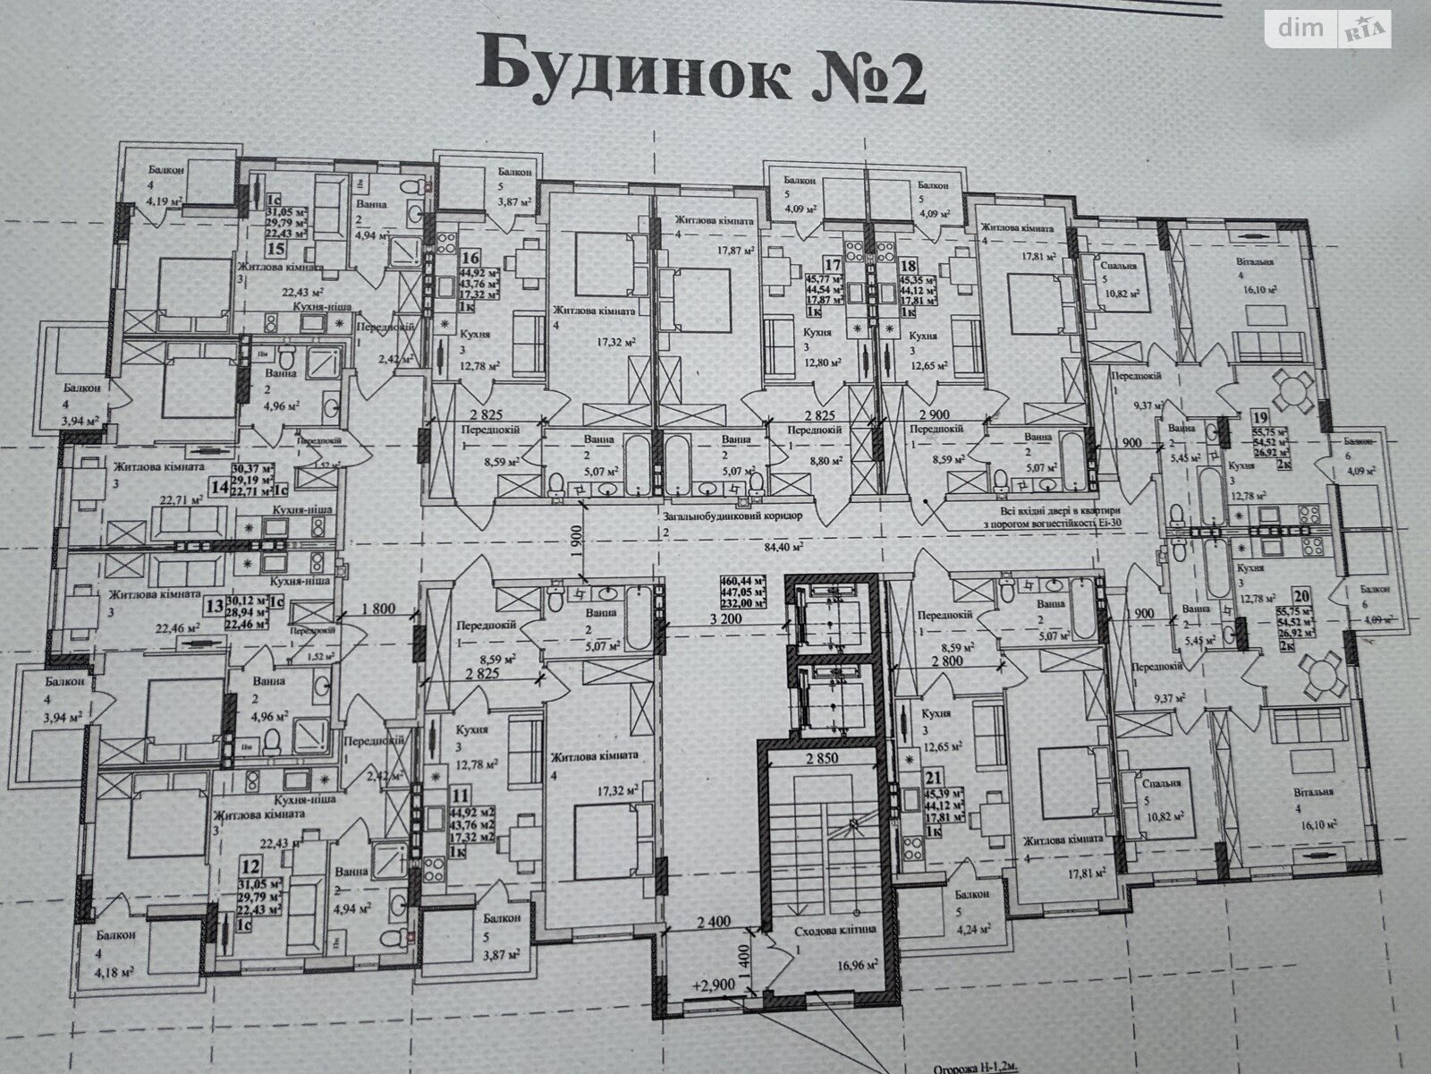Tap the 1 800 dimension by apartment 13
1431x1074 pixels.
377,610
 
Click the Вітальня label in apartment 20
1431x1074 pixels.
1314,791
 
